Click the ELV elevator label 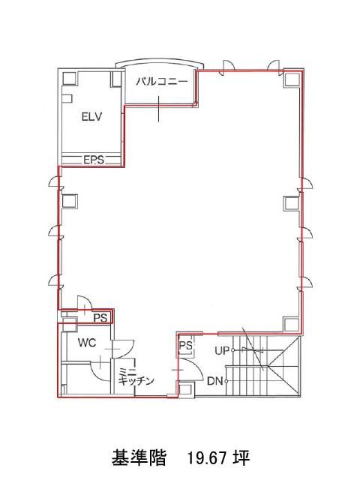(x=91, y=117)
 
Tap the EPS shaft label (x=94, y=160)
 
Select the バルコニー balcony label (x=162, y=82)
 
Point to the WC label (x=87, y=343)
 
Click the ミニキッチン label (x=136, y=376)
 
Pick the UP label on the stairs (x=222, y=350)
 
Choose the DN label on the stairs (x=215, y=382)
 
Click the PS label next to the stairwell (x=185, y=346)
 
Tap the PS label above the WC (x=100, y=318)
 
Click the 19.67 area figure (x=207, y=458)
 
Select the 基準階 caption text (x=139, y=458)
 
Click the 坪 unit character (x=241, y=458)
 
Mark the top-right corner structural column (x=292, y=79)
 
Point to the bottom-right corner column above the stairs (x=291, y=325)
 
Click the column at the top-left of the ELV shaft (x=70, y=78)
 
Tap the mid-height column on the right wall (x=291, y=203)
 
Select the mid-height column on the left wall (x=69, y=201)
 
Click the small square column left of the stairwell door (x=185, y=389)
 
